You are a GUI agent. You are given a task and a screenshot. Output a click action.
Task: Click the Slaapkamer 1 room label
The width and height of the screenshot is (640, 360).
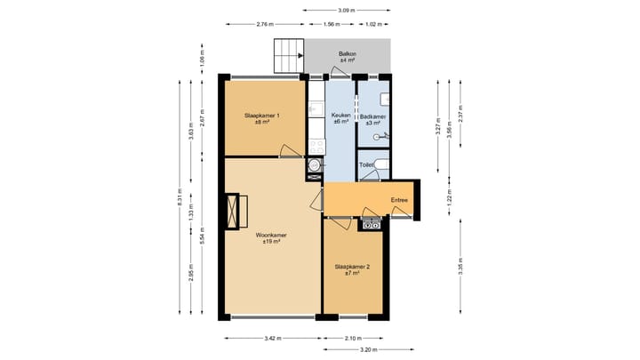(262, 118)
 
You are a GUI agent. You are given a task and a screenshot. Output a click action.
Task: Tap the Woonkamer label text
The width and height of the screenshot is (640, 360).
(268, 238)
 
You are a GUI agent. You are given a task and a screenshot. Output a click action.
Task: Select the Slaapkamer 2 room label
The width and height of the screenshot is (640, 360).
(353, 269)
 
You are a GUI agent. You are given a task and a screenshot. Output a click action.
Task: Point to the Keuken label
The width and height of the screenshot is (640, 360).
(340, 118)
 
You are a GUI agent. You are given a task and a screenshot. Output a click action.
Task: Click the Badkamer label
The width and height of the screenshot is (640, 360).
(373, 119)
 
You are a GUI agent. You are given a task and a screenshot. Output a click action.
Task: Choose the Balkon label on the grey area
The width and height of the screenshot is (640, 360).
(348, 57)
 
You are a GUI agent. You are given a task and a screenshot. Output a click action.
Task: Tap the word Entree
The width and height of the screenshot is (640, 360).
(399, 200)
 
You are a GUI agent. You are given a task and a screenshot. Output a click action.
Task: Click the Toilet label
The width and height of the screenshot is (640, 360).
(366, 164)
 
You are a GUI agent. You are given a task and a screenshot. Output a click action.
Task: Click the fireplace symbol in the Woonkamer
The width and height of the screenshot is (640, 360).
(236, 212)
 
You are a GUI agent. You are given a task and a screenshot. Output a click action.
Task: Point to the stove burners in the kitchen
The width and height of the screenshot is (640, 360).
(315, 142)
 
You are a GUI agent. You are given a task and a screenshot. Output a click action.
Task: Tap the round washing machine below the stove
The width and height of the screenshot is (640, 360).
(314, 165)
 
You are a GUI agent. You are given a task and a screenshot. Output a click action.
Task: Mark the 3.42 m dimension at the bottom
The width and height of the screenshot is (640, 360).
(273, 339)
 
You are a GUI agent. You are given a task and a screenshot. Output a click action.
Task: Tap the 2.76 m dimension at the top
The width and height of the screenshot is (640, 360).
(263, 24)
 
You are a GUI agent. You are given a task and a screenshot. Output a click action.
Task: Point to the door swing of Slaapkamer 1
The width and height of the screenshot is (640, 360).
(289, 151)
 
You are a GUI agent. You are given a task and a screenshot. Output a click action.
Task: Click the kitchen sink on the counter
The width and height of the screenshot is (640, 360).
(314, 110)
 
